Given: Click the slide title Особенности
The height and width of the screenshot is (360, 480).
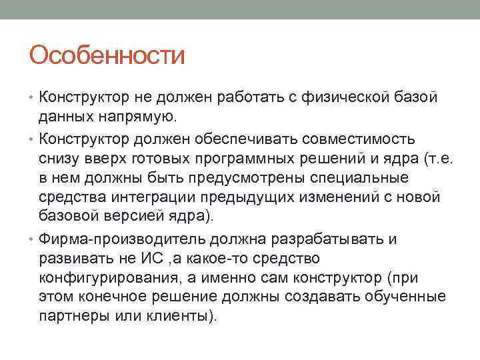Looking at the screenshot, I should [107, 55].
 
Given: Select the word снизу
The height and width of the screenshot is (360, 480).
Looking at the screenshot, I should [59, 158].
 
